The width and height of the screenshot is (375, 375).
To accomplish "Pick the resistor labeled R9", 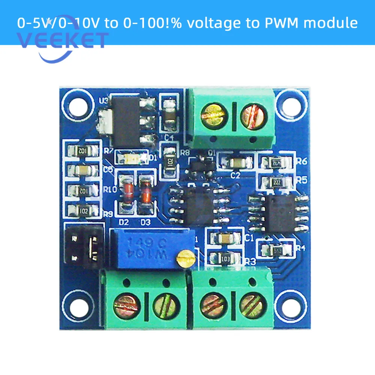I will click(x=83, y=210).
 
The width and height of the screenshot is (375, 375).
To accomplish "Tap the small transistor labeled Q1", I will click(x=202, y=164).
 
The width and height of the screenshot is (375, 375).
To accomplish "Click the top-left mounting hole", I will click(x=78, y=104).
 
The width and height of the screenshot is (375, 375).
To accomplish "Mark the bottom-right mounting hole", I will click(x=289, y=302).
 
